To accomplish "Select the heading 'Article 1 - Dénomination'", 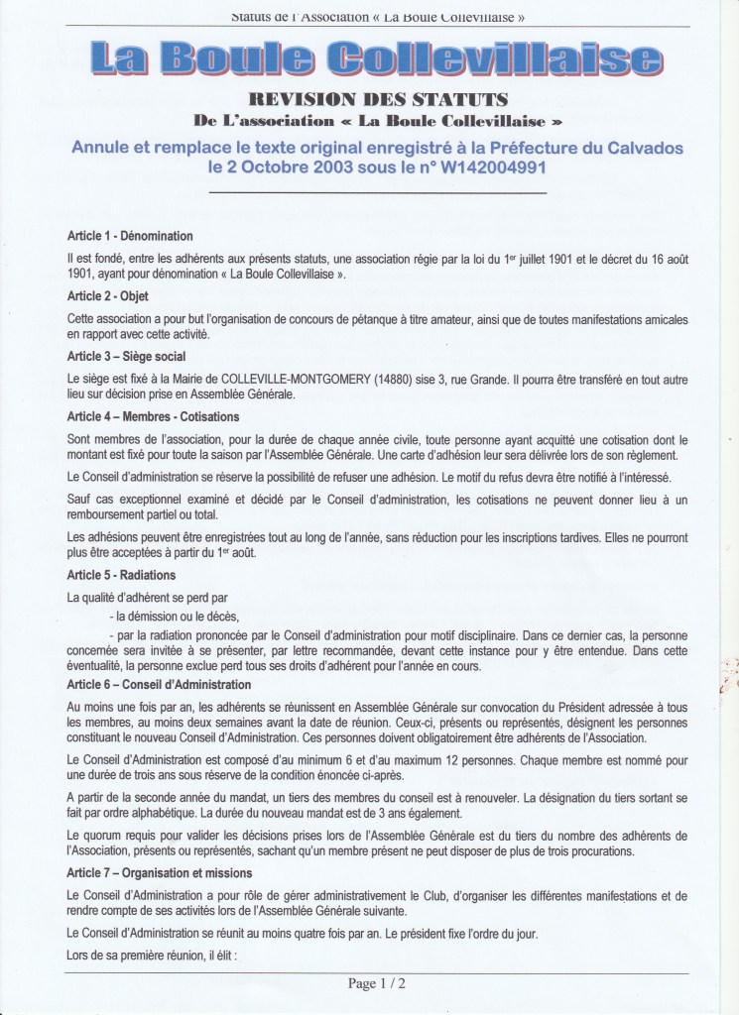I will [x=129, y=236].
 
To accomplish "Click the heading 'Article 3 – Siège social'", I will [x=126, y=356].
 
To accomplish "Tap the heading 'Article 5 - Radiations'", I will [x=121, y=575].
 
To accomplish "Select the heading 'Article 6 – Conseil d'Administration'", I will [x=158, y=684].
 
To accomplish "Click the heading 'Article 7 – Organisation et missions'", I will [x=159, y=872].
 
